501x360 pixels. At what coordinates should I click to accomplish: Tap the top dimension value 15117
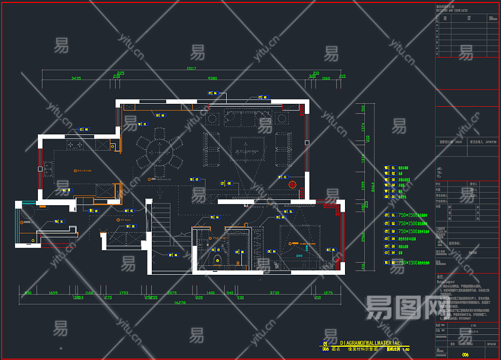point(191,69)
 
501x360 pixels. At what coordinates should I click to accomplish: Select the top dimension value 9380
point(212,79)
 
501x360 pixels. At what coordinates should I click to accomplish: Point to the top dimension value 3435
point(76,79)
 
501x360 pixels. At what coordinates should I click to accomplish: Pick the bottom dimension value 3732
point(275,293)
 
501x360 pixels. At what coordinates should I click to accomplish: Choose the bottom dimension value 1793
point(124,293)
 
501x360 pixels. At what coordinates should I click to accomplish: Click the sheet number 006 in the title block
point(465,355)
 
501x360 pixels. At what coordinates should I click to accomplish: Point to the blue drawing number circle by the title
point(326,345)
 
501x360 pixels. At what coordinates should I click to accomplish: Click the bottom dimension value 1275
point(328,293)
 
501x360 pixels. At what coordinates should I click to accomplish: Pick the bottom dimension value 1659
point(53,293)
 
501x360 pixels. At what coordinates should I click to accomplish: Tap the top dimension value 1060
point(326,79)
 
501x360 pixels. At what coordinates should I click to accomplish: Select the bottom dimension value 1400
point(210,293)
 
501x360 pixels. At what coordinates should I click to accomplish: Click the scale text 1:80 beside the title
point(406,349)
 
